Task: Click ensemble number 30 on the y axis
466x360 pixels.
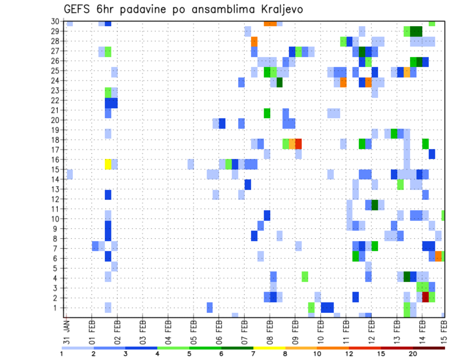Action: tap(56, 21)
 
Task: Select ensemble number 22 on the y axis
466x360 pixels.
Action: tap(56, 100)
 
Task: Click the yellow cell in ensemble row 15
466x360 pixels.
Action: tap(108, 164)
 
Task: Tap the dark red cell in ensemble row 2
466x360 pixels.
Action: tap(426, 297)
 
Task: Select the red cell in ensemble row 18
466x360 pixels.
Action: tap(299, 144)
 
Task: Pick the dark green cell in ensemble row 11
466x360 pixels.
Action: tap(375, 205)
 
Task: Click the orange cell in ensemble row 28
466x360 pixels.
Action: tap(254, 41)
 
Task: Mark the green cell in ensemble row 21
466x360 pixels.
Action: tap(267, 113)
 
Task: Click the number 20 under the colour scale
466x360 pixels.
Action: tap(413, 353)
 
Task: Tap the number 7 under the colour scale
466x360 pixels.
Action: tap(254, 353)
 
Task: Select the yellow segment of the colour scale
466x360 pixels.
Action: tap(269, 347)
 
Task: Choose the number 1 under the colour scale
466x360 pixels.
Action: tap(62, 353)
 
